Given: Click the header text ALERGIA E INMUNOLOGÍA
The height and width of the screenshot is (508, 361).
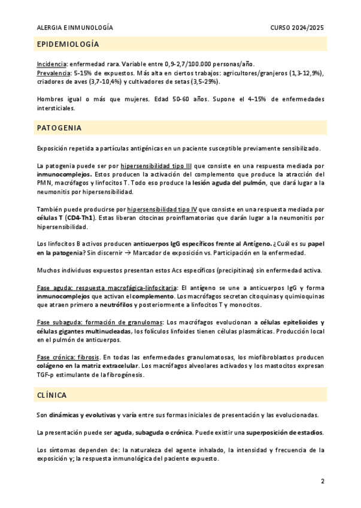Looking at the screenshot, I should click(x=75, y=28).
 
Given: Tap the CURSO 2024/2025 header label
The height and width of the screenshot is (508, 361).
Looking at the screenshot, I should click(x=297, y=28).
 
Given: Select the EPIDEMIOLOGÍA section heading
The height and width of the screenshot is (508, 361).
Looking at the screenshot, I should click(x=68, y=44).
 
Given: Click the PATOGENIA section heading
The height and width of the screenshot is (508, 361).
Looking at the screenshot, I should click(x=59, y=128).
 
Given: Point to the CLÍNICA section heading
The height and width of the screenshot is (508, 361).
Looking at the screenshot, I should click(x=51, y=395).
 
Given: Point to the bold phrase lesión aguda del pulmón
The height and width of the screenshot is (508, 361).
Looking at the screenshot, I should click(x=229, y=183).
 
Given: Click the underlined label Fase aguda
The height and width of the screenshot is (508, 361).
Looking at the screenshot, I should click(x=53, y=288).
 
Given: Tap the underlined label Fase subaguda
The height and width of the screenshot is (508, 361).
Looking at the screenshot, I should click(x=57, y=322).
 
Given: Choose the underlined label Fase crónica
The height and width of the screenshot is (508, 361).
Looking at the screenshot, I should click(x=54, y=357).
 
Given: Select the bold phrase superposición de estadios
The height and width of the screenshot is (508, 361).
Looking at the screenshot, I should click(x=285, y=432).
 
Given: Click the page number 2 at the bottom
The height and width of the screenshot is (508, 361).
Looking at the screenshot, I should click(x=322, y=481).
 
